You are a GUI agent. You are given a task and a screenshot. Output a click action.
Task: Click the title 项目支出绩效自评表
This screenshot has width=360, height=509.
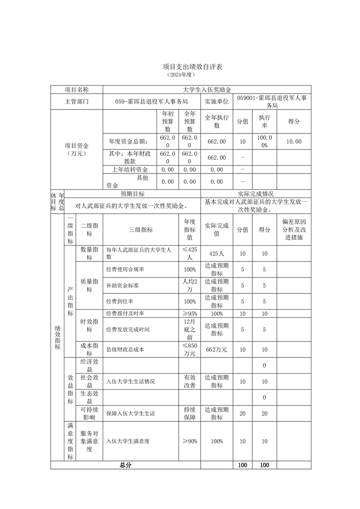point(180,67)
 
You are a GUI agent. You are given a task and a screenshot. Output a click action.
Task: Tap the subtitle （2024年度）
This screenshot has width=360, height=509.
point(180,74)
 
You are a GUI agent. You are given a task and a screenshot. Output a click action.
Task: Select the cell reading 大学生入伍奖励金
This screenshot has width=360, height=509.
point(207,89)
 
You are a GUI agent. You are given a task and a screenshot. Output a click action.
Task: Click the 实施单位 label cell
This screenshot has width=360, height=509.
point(217,102)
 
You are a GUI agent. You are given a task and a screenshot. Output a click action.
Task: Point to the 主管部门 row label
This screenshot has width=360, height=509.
point(77,102)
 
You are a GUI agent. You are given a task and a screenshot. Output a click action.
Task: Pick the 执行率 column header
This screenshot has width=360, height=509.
point(265,121)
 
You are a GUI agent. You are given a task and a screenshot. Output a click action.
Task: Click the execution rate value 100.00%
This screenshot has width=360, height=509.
point(265,141)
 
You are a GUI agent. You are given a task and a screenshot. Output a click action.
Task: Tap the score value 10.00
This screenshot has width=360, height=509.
point(294,141)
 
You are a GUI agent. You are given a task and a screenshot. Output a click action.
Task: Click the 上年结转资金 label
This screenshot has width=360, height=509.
point(130,169)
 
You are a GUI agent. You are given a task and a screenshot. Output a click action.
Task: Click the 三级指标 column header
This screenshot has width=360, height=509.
point(141,230)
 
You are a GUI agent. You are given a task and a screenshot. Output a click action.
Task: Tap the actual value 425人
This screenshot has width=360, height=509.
point(217,253)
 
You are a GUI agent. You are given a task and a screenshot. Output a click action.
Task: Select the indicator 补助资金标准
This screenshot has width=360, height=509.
point(122,286)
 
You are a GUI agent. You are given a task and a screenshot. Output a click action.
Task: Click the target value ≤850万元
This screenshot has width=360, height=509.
point(189,349)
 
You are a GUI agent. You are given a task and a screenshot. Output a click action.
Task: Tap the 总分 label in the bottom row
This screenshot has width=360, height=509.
point(125,465)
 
